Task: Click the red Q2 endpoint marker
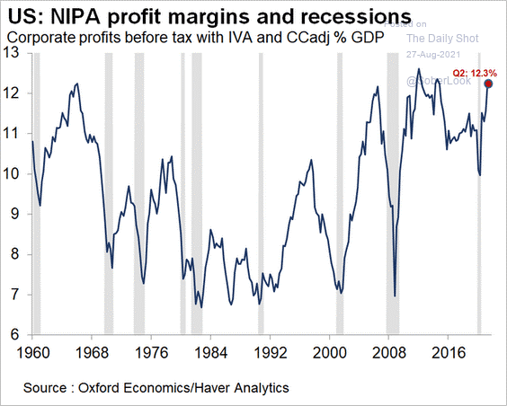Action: (x=489, y=84)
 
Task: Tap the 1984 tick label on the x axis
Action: (x=206, y=351)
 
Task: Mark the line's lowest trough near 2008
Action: (x=395, y=295)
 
